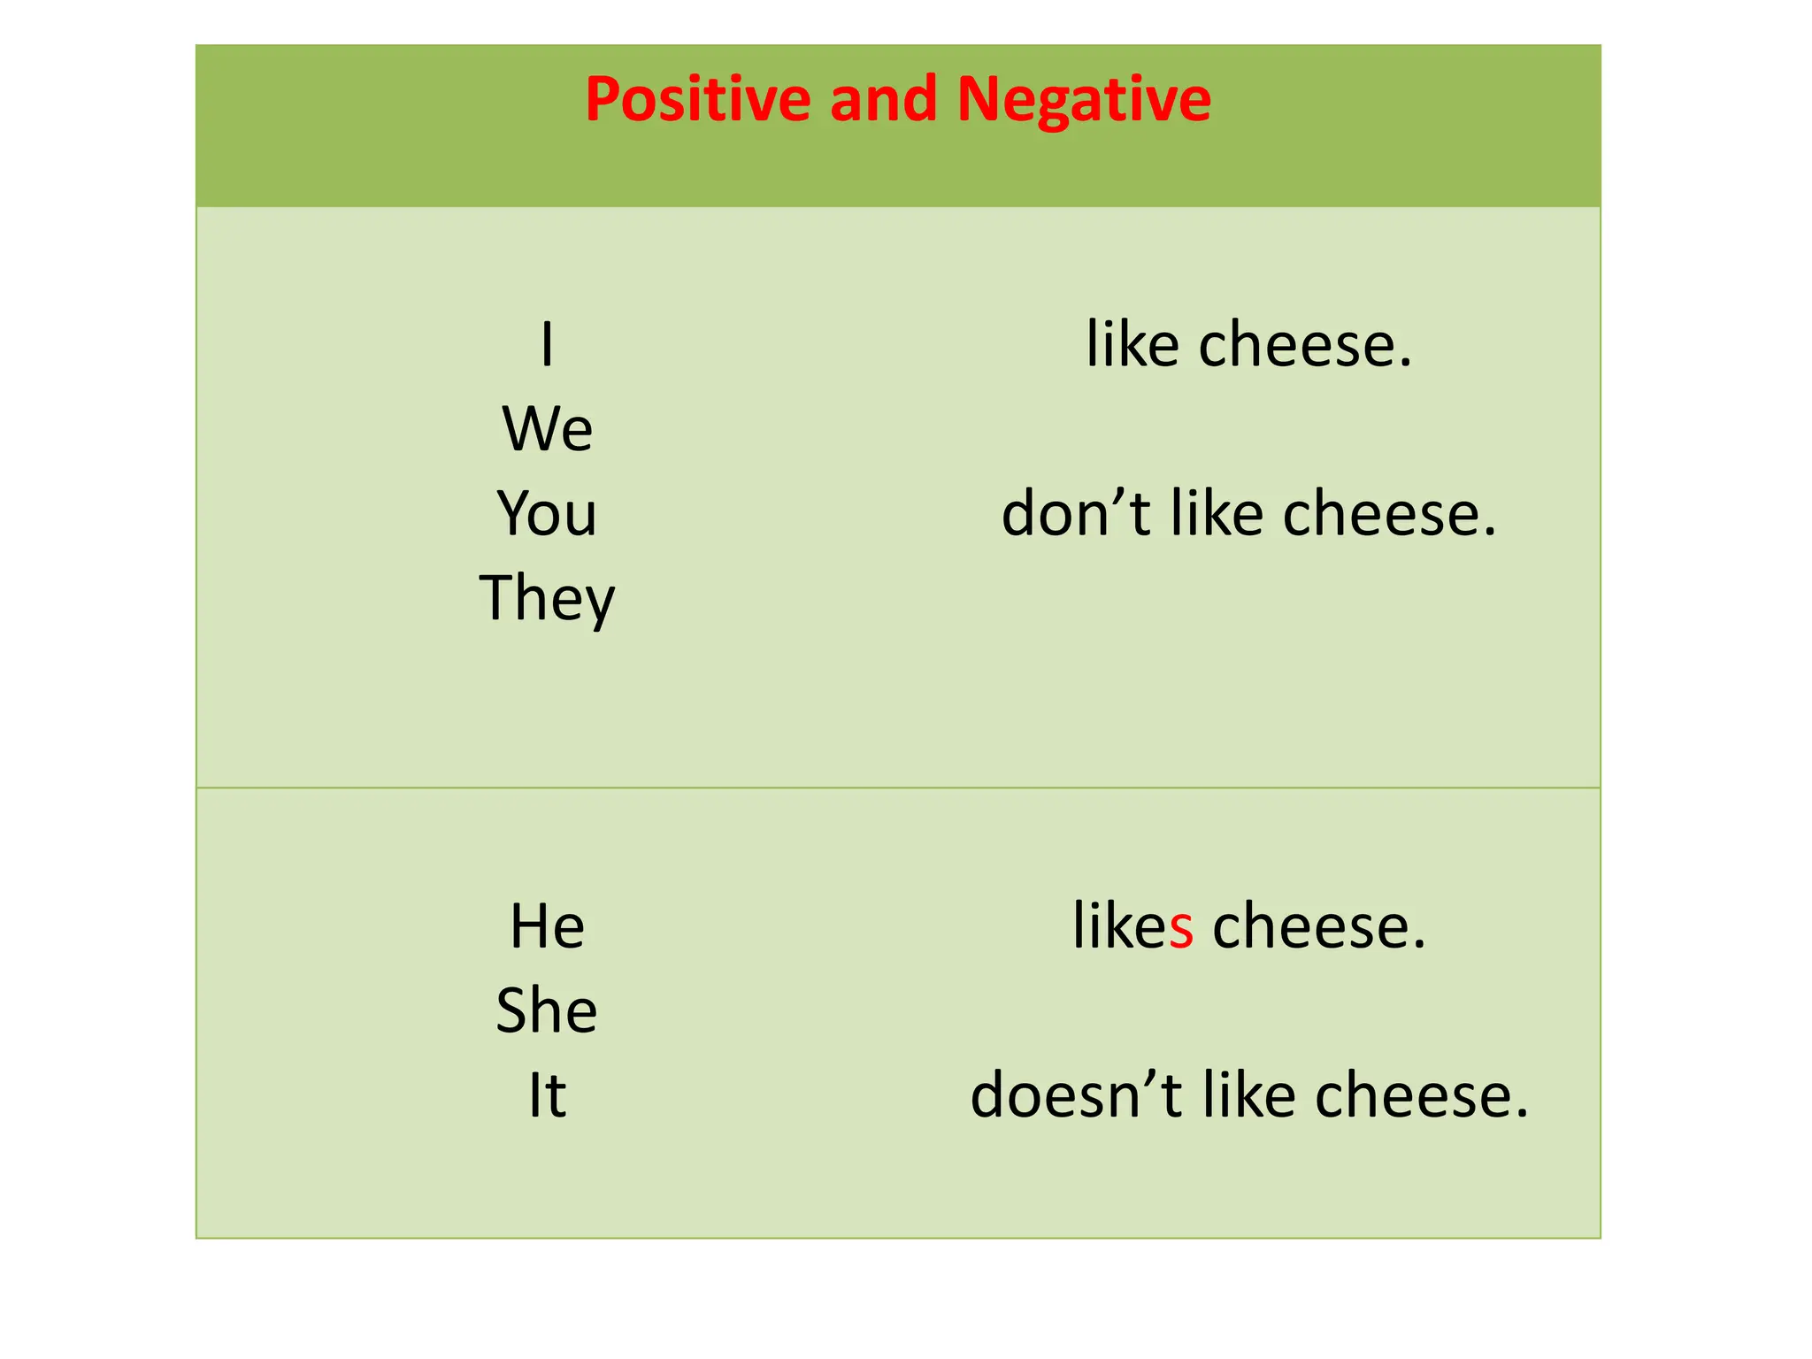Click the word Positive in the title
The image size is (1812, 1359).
click(x=698, y=99)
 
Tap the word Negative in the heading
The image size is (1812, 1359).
click(x=1084, y=99)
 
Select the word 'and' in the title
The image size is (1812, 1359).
click(x=883, y=99)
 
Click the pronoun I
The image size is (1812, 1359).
click(x=547, y=345)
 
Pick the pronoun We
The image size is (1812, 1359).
click(x=547, y=429)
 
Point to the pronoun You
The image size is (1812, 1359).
click(x=547, y=514)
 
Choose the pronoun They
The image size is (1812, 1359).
click(x=547, y=599)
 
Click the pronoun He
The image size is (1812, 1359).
click(x=547, y=927)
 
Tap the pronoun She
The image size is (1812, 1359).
click(x=547, y=1011)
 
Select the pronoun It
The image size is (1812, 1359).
click(x=547, y=1096)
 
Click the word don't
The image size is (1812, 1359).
click(x=1076, y=514)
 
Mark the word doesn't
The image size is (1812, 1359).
click(x=1076, y=1096)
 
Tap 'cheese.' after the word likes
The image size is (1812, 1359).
click(x=1319, y=927)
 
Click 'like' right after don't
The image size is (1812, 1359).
click(x=1217, y=514)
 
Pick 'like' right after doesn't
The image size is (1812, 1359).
click(x=1248, y=1096)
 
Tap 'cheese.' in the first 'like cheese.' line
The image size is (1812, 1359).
click(x=1305, y=345)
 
